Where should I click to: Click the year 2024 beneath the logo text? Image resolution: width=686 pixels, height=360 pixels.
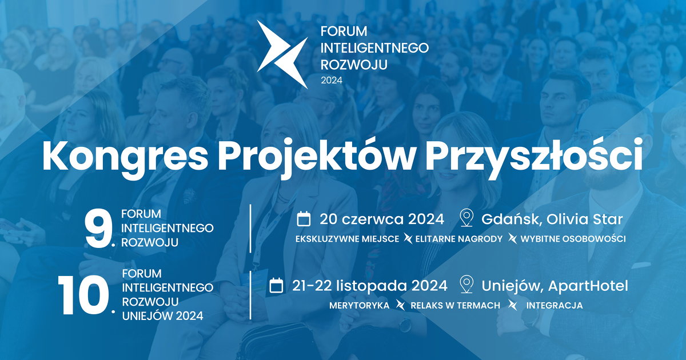point(332,80)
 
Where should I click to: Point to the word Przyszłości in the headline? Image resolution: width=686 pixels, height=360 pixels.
point(533,157)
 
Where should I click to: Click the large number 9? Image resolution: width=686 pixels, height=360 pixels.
point(98,230)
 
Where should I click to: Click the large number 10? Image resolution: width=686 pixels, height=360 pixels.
point(83,295)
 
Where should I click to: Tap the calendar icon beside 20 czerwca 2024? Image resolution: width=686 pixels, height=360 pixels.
point(304,219)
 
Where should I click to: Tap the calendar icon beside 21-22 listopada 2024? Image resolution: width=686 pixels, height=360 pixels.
point(276,285)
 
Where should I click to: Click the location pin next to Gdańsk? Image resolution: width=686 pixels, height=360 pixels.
point(466,218)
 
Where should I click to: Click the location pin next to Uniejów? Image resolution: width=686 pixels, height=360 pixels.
point(466,285)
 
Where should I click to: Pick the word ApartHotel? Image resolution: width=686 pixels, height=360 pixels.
point(588,286)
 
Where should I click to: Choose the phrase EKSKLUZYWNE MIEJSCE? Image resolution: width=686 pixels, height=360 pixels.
point(348,239)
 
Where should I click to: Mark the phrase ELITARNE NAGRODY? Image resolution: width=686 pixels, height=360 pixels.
point(458,239)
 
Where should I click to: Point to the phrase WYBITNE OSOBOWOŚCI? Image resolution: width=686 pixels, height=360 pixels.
point(573,239)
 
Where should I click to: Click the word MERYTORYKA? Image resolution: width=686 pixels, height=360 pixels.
point(359,306)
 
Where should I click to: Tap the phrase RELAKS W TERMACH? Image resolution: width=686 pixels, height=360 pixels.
point(455,306)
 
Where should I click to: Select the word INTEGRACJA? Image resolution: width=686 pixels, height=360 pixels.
point(555,306)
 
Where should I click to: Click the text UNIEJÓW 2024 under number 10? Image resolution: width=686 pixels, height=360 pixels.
point(162,316)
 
